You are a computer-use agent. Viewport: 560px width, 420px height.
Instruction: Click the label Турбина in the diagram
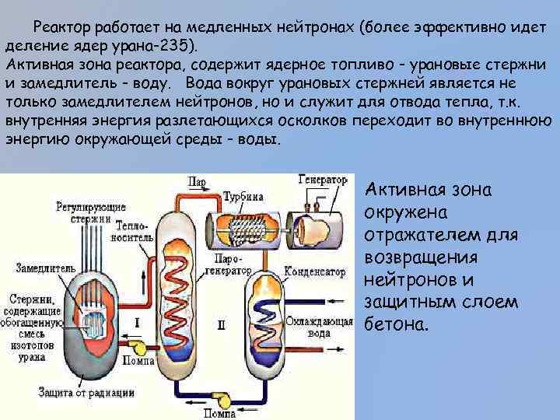pos(243,196)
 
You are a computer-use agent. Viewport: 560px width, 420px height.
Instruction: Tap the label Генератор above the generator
pos(322,178)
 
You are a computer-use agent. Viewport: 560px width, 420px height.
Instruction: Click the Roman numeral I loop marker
pos(137,320)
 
